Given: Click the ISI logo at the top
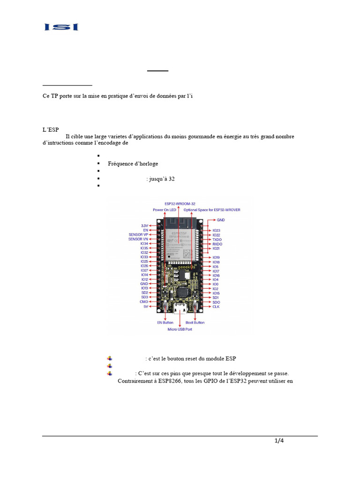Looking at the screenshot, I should pos(61,27).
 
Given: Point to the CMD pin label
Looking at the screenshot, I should pos(143,302).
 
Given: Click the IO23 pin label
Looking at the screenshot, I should pos(216,231).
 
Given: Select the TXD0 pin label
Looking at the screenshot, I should pos(217,240).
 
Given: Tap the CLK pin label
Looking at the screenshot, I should pos(216,307).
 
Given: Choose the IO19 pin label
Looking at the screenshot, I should pos(216,257).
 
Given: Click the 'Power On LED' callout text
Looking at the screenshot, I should pos(164,210).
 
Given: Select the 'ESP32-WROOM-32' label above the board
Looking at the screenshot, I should pos(180,203).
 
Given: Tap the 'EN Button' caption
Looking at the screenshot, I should pos(165,322).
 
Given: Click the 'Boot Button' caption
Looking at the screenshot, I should pos(195,322).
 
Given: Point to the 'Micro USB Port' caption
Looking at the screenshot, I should pos(180,329).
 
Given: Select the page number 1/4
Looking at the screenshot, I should pos(279,440).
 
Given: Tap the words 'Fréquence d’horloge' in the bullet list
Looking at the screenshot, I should pos(133,164).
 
